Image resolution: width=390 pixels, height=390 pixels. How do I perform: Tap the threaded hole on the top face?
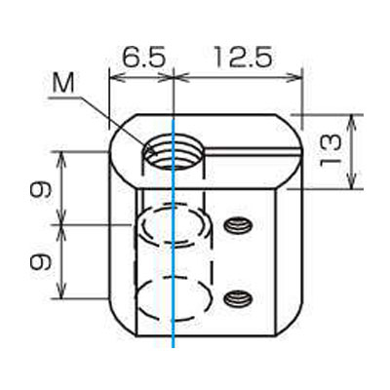pos(173,152)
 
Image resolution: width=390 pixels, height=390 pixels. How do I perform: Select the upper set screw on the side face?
pos(235,226)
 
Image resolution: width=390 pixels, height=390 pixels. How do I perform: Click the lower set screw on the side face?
pos(235,296)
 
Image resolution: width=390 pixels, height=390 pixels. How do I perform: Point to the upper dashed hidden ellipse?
pos(172,225)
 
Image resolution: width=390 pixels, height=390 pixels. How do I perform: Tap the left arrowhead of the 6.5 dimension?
pos(113,74)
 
